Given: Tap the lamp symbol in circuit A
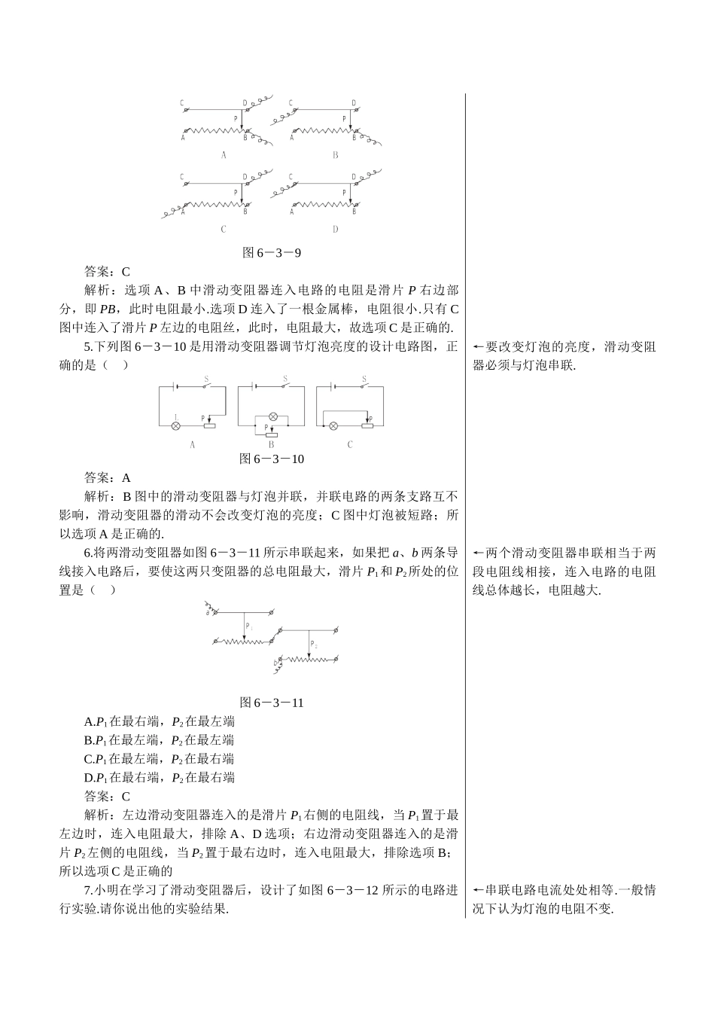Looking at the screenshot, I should click(x=176, y=426).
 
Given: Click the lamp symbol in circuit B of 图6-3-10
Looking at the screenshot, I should click(x=274, y=416).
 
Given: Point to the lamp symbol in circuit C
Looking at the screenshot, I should click(x=333, y=426).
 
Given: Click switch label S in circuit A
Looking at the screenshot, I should click(x=207, y=379).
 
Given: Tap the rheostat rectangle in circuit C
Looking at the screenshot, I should click(x=367, y=426).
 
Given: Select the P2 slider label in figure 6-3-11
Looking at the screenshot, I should click(x=314, y=646).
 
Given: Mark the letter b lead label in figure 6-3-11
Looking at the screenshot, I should click(x=275, y=662).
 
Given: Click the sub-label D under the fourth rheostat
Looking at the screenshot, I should click(x=335, y=229).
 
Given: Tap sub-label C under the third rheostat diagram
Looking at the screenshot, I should click(x=224, y=229).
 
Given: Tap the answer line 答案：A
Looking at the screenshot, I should click(x=108, y=477).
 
